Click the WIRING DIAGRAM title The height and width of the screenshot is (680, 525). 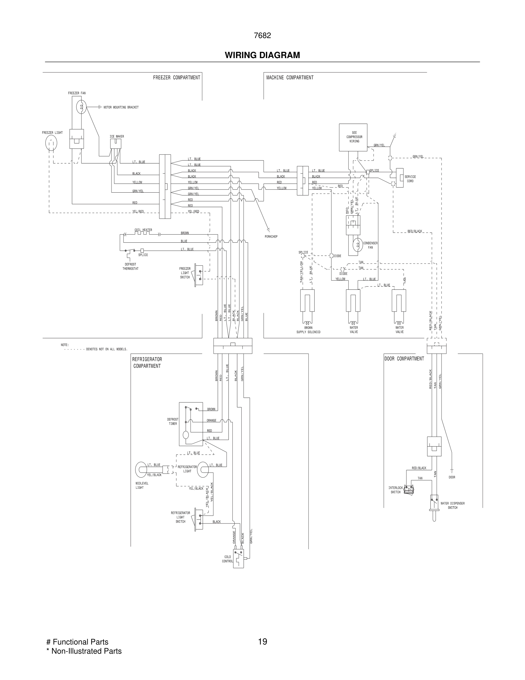[x=262, y=55]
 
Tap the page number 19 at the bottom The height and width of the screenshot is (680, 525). [x=262, y=641]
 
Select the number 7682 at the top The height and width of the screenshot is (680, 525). [x=262, y=35]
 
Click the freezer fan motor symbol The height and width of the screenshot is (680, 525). [x=81, y=107]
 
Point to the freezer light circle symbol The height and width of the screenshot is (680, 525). [x=51, y=143]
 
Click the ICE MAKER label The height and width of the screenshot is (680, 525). [x=117, y=137]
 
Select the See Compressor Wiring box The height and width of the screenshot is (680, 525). [x=353, y=137]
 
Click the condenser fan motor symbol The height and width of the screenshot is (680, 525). [x=358, y=245]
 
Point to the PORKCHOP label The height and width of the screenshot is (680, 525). [x=271, y=237]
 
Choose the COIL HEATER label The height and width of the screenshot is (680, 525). [x=143, y=230]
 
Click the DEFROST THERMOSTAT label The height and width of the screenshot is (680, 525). [x=130, y=266]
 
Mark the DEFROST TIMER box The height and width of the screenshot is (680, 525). [x=191, y=424]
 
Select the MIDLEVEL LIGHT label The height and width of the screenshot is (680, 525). [x=142, y=485]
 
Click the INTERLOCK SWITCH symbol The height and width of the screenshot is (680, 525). [x=408, y=490]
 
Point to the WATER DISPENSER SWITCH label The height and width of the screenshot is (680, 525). [x=453, y=505]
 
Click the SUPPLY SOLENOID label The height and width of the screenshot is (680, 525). [x=308, y=332]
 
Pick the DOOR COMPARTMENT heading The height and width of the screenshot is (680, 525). [x=404, y=359]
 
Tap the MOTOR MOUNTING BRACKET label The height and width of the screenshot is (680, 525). [x=121, y=107]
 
